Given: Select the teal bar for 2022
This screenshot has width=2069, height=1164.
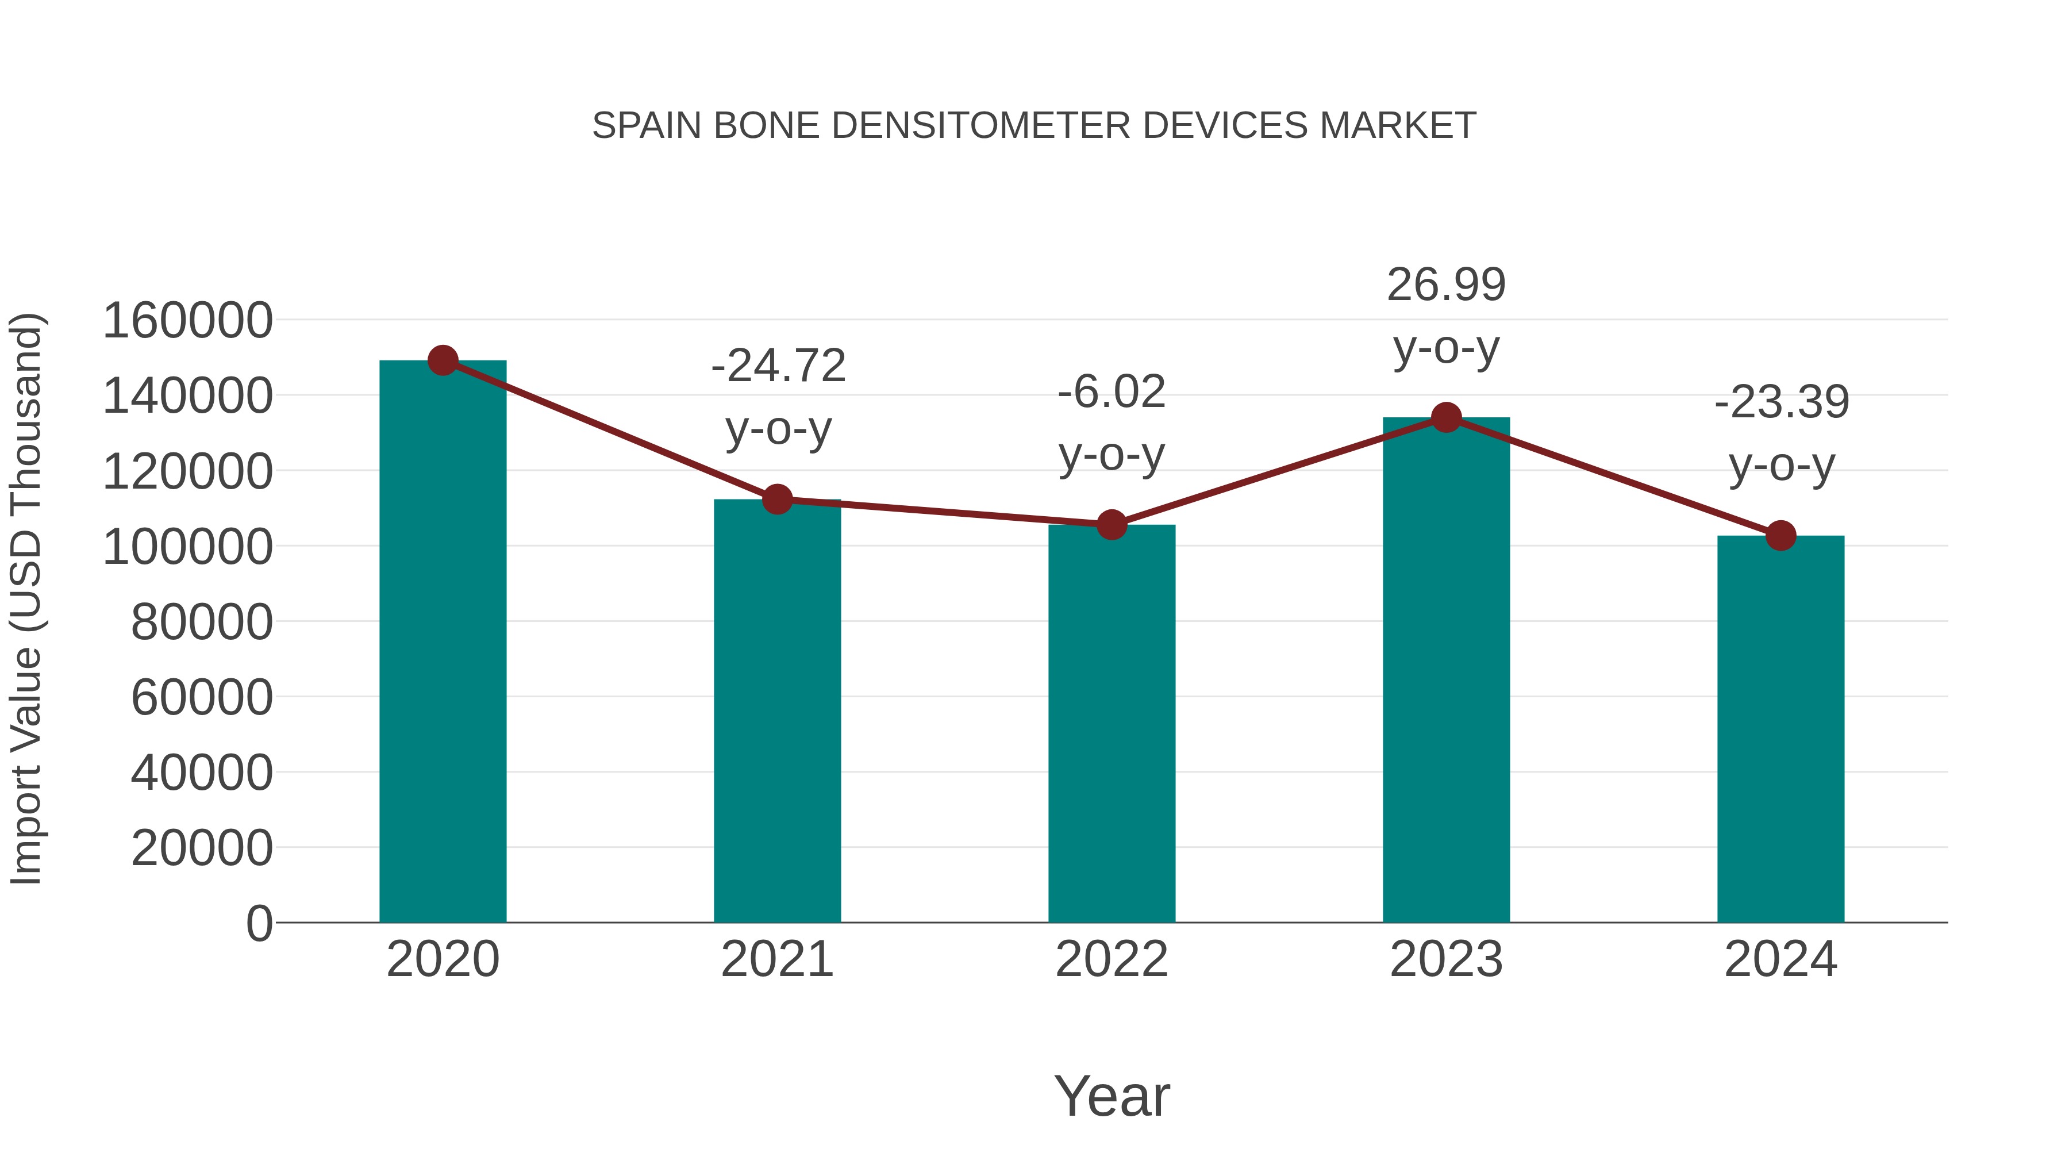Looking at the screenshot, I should tap(1112, 723).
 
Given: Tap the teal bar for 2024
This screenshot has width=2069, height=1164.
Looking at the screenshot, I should tap(1780, 729).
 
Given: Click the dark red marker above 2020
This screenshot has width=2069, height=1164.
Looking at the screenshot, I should tap(443, 360).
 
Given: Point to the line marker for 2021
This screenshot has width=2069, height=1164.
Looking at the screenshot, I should tap(776, 500).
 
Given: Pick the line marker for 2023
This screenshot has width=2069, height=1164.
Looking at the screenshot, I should tap(1446, 418).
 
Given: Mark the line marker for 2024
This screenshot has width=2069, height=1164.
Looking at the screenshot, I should tap(1780, 536).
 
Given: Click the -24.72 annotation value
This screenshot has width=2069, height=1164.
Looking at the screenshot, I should tap(778, 366).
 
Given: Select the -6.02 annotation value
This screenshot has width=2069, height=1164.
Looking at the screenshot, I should tap(1112, 393).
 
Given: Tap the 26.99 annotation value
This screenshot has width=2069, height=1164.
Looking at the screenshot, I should tap(1446, 285).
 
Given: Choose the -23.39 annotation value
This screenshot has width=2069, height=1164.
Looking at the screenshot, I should tap(1782, 402).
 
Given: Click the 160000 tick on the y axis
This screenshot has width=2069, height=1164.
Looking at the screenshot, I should tap(188, 321).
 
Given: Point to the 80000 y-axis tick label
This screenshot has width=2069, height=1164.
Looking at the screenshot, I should tap(202, 622).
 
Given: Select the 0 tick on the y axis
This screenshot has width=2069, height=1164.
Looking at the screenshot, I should tap(259, 923).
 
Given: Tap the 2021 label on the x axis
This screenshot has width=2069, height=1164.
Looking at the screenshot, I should tap(776, 960).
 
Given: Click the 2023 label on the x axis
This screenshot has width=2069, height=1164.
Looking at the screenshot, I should tap(1446, 960).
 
